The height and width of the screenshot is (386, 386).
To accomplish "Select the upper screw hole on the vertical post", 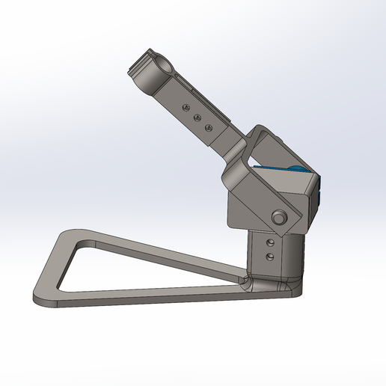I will tap(269, 243).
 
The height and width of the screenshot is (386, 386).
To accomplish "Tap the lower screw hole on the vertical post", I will tap(269, 257).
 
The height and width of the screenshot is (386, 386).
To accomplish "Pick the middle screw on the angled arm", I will tap(197, 117).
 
